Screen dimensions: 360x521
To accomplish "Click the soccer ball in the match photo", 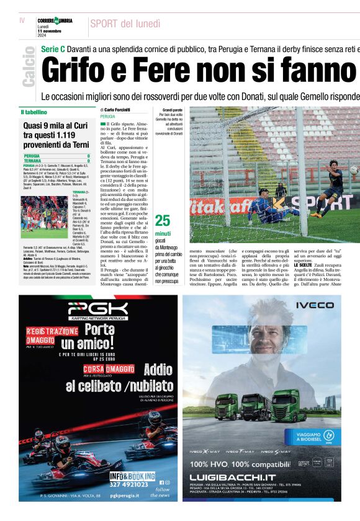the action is click(x=354, y=169).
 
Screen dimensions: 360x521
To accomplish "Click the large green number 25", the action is click(x=163, y=220).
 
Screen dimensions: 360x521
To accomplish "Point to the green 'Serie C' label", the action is click(x=53, y=48).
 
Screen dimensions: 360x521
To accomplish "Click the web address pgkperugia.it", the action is click(x=135, y=496).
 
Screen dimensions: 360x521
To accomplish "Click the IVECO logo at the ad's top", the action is click(x=314, y=305).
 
